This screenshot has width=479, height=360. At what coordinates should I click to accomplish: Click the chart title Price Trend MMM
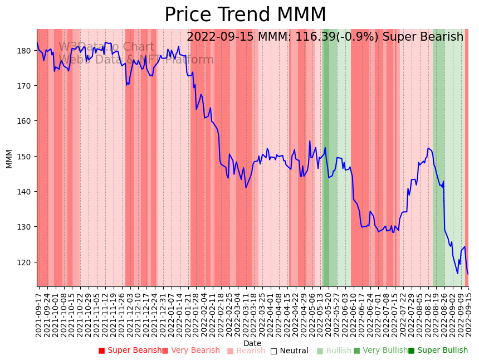tap(245, 15)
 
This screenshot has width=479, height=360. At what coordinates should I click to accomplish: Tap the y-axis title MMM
tap(9, 158)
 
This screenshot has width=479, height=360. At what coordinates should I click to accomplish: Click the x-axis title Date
tap(252, 344)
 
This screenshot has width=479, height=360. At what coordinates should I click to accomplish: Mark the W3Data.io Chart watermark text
tap(106, 47)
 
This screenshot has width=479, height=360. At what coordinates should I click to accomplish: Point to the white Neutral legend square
tap(273, 351)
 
